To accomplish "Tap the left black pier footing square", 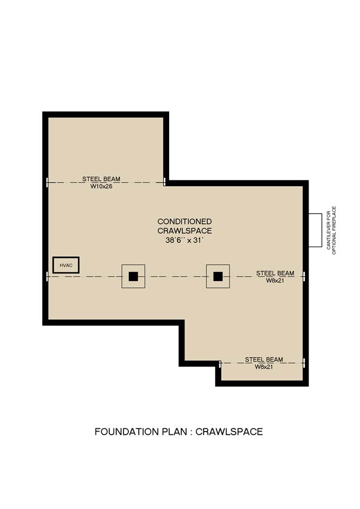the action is (x=134, y=276).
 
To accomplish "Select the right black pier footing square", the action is (x=218, y=276).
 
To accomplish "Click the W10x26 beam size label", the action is (x=101, y=186).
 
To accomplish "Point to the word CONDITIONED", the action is (x=185, y=222).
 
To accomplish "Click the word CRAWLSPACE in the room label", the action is (x=185, y=231).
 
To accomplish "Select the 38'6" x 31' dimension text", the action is (x=185, y=241).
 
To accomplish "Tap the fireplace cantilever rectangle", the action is (x=315, y=230).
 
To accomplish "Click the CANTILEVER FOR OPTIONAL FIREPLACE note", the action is (x=331, y=230).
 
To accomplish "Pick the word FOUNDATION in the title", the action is (x=126, y=432).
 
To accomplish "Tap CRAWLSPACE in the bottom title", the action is (x=229, y=432).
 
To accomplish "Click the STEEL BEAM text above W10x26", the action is (x=101, y=179).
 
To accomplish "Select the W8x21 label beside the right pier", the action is (x=275, y=280).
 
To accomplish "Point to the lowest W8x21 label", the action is (x=264, y=367).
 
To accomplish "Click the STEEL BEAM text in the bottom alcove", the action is (x=264, y=359).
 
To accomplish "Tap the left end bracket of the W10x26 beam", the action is (x=47, y=182).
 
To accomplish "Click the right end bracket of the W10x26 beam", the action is (x=164, y=181).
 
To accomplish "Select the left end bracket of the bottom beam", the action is (x=220, y=363).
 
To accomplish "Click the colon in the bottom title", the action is (x=191, y=433).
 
